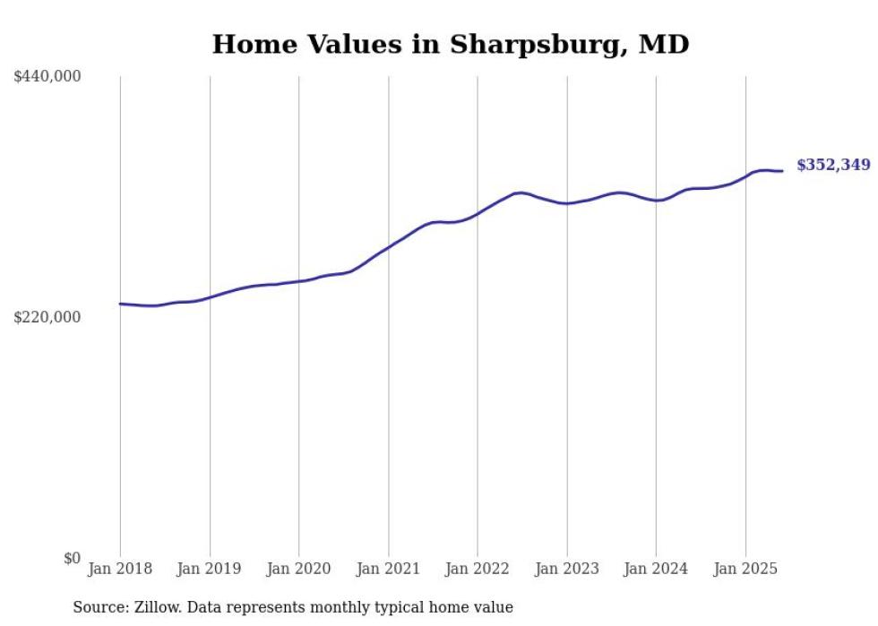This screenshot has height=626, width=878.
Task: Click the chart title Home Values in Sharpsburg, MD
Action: [x=451, y=44]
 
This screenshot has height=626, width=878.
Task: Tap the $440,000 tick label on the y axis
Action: [x=47, y=77]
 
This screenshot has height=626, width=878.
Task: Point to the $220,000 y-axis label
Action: [x=47, y=317]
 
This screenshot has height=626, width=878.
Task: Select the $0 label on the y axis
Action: [x=72, y=558]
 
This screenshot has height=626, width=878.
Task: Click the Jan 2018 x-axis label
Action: [x=120, y=569]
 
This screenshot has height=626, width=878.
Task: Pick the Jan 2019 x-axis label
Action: [x=210, y=569]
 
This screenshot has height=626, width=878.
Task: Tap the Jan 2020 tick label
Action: [x=299, y=569]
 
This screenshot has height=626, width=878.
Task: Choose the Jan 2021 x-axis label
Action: [x=388, y=569]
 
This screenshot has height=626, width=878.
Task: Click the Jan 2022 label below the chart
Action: [x=478, y=569]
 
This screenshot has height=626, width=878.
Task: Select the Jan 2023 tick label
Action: [x=567, y=569]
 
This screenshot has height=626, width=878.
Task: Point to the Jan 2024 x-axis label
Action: [x=656, y=569]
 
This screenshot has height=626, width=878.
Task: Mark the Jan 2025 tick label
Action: [x=745, y=569]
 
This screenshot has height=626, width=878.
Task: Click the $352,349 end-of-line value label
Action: [x=833, y=165]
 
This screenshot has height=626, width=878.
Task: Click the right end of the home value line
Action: [x=782, y=171]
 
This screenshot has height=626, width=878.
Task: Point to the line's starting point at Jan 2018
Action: [x=120, y=304]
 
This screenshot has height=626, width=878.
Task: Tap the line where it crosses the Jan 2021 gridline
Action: [x=388, y=246]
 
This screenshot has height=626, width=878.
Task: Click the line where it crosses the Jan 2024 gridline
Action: [x=656, y=201]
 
